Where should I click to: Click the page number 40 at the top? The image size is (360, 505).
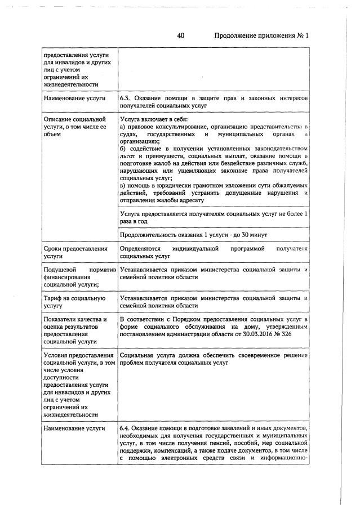[181, 35]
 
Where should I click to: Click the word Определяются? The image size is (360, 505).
[140, 248]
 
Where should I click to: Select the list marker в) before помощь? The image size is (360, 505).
[123, 185]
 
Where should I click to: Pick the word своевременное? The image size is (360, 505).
[251, 355]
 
